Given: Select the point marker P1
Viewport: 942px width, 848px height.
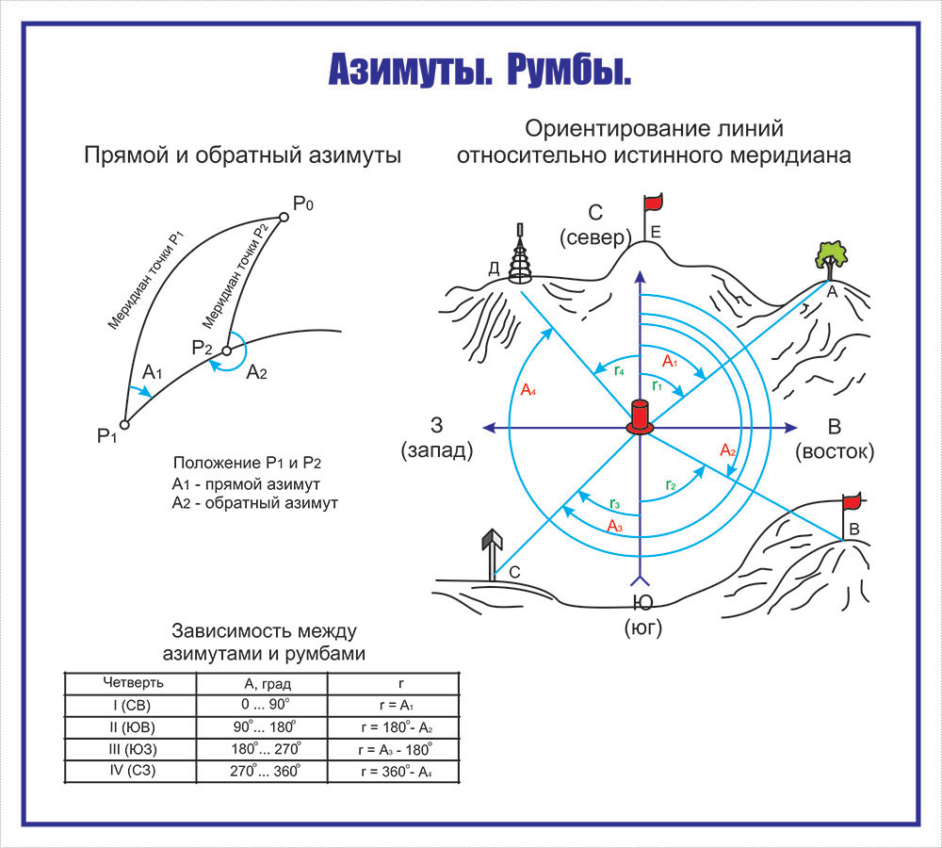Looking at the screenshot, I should pyautogui.click(x=124, y=425).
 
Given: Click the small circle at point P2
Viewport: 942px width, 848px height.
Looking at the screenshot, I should pyautogui.click(x=226, y=351).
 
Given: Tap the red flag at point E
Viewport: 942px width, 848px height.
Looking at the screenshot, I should pyautogui.click(x=653, y=202).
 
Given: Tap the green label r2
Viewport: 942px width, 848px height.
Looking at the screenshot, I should pyautogui.click(x=670, y=486).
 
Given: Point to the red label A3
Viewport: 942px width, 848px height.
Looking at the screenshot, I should pyautogui.click(x=614, y=526).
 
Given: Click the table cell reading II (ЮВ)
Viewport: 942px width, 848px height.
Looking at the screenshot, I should pyautogui.click(x=130, y=726).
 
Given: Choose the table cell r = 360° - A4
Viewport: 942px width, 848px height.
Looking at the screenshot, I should pyautogui.click(x=395, y=772).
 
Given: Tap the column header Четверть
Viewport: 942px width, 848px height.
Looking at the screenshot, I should pyautogui.click(x=130, y=681).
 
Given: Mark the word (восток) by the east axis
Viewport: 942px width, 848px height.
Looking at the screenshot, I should pyautogui.click(x=835, y=452).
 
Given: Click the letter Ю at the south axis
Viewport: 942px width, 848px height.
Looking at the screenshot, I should pyautogui.click(x=642, y=603).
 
